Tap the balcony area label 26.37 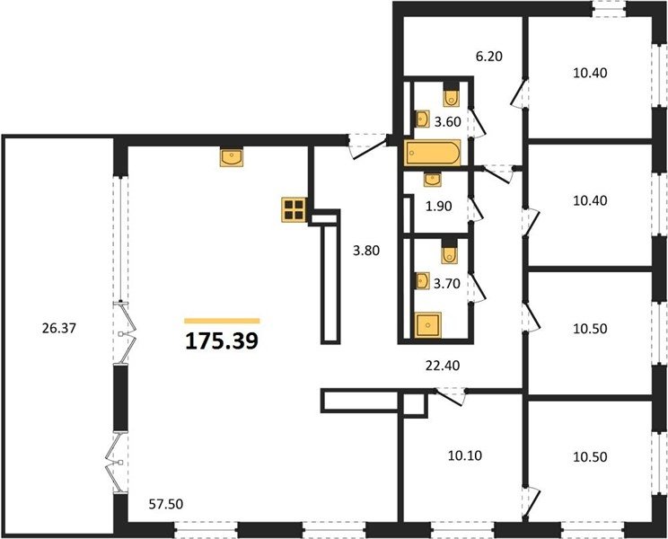(x=58, y=328)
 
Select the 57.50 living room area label (x=166, y=504)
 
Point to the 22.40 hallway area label (x=443, y=365)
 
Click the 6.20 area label (x=489, y=56)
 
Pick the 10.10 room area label (x=465, y=455)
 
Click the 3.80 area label (x=366, y=251)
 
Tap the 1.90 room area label (x=438, y=207)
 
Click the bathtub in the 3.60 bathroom (x=433, y=153)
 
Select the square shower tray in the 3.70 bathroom (x=428, y=325)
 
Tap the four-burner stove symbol (x=294, y=209)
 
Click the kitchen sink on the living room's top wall (x=232, y=157)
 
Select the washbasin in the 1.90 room (x=433, y=180)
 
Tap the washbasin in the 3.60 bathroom (x=423, y=119)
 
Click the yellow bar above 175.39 (x=222, y=321)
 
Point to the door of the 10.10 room (x=450, y=397)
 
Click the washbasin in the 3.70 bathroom (x=422, y=281)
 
